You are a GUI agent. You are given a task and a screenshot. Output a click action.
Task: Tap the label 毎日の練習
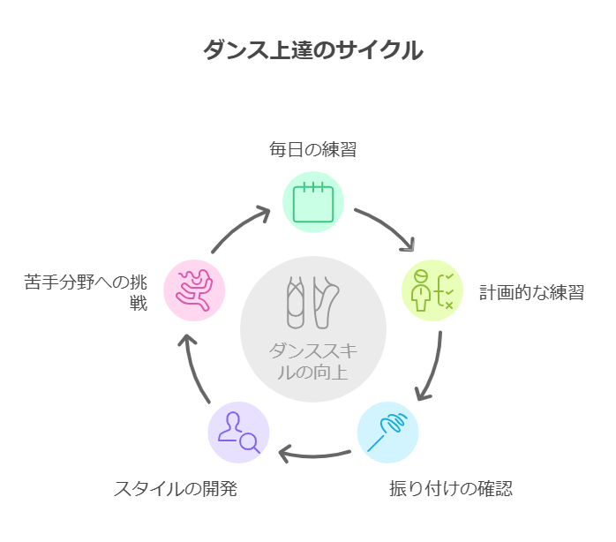(x=312, y=148)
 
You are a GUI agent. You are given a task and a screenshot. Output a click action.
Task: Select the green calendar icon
(x=312, y=202)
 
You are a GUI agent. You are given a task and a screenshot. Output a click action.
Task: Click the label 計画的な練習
(x=531, y=292)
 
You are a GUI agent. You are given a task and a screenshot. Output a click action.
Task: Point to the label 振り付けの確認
(x=451, y=488)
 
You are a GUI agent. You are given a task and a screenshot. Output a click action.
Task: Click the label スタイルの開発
(x=175, y=488)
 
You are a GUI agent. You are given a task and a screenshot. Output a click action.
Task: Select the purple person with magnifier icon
(x=239, y=433)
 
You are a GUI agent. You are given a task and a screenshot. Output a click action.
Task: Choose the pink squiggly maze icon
(x=194, y=290)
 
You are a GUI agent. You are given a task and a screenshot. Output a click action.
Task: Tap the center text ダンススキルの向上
(x=312, y=360)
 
